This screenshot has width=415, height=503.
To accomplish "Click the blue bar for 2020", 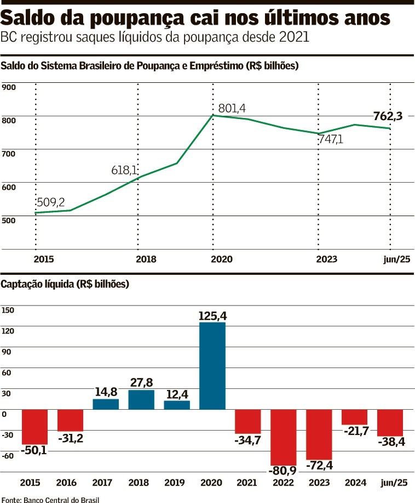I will coord(212,366).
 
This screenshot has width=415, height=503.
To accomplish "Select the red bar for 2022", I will coord(283,437).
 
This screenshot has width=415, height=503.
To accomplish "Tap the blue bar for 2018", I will coord(141,399).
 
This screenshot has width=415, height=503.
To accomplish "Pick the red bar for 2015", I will coord(35,426).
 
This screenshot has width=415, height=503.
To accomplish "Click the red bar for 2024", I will coord(354,417).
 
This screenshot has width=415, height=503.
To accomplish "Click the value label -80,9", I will coord(283,471).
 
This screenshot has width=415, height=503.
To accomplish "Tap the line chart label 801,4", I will coord(233,108).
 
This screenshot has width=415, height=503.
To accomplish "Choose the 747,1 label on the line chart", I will coord(331,139).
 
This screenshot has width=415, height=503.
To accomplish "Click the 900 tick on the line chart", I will coord(9,87).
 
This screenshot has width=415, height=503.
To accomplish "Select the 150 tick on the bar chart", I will coord(8,309).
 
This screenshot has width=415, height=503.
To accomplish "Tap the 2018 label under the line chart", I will coord(146,259).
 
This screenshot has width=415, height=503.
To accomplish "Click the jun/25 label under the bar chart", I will coord(394,483).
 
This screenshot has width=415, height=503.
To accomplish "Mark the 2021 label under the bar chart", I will coord(247,483).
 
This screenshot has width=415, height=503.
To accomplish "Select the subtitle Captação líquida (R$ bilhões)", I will coord(65,285).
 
